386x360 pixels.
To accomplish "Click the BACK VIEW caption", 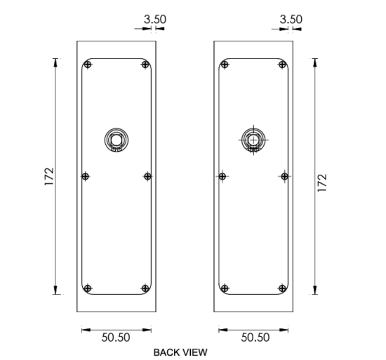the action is click(180, 352).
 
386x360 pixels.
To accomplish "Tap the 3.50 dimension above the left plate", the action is click(155, 20).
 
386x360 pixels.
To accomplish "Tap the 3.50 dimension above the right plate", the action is click(291, 20).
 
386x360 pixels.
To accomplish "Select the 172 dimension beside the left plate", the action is click(49, 176).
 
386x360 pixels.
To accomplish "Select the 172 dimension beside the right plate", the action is click(322, 183).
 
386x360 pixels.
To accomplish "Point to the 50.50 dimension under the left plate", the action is click(116, 338).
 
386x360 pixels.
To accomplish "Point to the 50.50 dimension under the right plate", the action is click(255, 338).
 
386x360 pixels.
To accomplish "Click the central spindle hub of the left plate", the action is click(117, 140).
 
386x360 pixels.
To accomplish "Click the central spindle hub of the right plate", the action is click(253, 140).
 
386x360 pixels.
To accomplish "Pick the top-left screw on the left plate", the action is click(88, 65).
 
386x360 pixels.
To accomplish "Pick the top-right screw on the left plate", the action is click(145, 65).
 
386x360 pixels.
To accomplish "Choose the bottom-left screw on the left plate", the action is click(88, 288).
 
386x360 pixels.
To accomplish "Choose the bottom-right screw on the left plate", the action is click(145, 288).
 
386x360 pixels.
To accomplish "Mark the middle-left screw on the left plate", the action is click(85, 176).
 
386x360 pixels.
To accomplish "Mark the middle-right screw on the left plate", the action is click(147, 176).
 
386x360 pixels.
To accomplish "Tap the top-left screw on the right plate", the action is click(225, 65).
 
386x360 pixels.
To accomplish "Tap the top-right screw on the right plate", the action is click(282, 65).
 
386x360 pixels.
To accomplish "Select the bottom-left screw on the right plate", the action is click(225, 288).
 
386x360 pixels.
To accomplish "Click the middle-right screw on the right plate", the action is click(284, 176).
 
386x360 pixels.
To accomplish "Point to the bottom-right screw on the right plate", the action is click(282, 288).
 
